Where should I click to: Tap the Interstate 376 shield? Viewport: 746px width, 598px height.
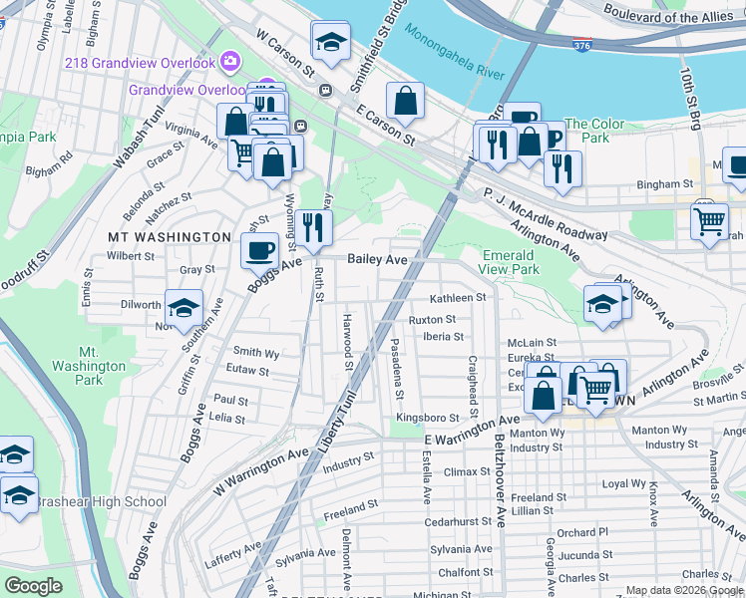(581, 45)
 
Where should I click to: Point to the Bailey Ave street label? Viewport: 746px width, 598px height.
(377, 259)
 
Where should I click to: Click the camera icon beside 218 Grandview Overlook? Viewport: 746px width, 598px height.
(230, 63)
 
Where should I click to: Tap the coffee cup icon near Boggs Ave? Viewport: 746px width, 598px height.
(260, 249)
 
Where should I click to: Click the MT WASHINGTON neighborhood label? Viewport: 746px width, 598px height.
(170, 237)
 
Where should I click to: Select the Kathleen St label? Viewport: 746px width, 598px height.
(457, 298)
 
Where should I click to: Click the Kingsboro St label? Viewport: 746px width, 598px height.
(426, 418)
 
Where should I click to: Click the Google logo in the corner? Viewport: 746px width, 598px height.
(33, 586)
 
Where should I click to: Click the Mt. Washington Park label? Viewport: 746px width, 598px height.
(103, 366)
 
